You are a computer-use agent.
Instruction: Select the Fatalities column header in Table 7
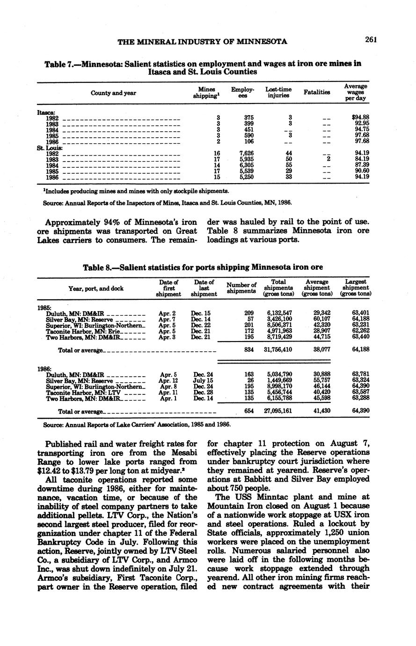317,92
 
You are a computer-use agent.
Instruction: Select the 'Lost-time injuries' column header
278,92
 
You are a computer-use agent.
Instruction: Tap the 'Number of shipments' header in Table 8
241,288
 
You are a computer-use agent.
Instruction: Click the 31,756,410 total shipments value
280,349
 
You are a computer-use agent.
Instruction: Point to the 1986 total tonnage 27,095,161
280,411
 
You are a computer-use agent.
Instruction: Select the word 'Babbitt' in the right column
257,479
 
